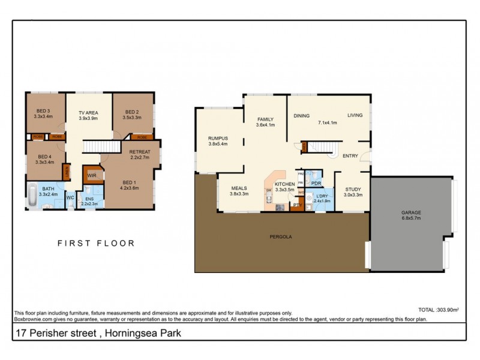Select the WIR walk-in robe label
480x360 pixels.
pyautogui.click(x=92, y=175)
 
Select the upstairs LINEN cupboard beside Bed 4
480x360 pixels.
pyautogui.click(x=66, y=173)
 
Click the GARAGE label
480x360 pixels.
pyautogui.click(x=412, y=213)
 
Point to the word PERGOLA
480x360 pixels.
pyautogui.click(x=281, y=237)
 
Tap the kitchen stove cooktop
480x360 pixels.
pyautogui.click(x=280, y=208)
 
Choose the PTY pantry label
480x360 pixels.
pyautogui.click(x=296, y=205)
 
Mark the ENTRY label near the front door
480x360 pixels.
pyautogui.click(x=350, y=156)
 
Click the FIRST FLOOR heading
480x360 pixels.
pyautogui.click(x=96, y=244)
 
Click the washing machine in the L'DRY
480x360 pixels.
pyautogui.click(x=309, y=198)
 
